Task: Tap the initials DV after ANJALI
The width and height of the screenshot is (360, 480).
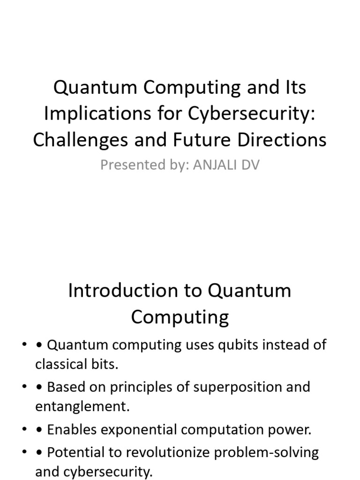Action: coord(249,165)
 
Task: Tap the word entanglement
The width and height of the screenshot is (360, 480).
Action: coord(82,407)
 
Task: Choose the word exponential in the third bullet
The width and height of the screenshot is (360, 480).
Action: coord(143,429)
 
